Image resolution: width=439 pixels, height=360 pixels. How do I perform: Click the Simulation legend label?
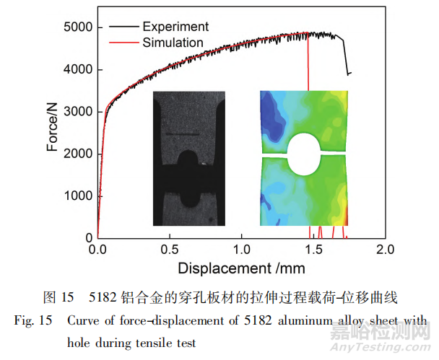pyautogui.click(x=173, y=43)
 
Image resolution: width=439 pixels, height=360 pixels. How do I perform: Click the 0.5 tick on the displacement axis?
pyautogui.click(x=169, y=250)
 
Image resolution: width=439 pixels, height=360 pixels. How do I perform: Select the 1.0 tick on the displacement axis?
pyautogui.click(x=241, y=250)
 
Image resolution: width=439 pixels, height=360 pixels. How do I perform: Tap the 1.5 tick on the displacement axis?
pyautogui.click(x=313, y=250)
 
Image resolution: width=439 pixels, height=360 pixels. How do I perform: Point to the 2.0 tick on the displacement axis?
pyautogui.click(x=385, y=250)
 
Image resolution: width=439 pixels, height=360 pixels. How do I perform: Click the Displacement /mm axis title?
pyautogui.click(x=242, y=268)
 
